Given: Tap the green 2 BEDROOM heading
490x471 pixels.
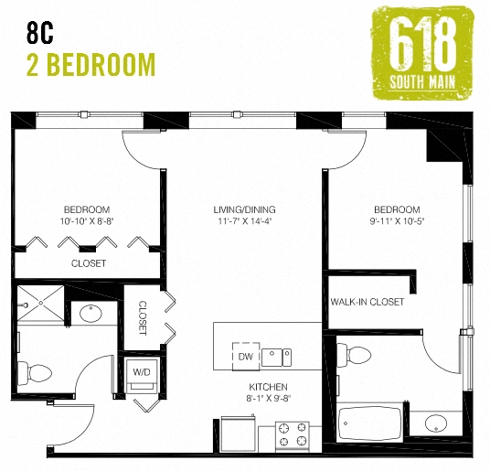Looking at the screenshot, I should (x=91, y=66).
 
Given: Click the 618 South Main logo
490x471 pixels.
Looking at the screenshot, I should (x=423, y=53).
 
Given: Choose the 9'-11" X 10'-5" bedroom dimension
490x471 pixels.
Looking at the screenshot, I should (x=396, y=221).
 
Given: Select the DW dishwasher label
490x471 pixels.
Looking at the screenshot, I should (x=244, y=356).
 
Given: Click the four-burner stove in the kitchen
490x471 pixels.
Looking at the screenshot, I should (x=293, y=435).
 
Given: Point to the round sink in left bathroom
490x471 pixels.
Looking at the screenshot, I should (x=91, y=314).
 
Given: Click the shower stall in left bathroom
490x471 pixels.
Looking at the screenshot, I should (x=39, y=306).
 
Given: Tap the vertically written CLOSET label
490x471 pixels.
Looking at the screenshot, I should (x=143, y=317).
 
